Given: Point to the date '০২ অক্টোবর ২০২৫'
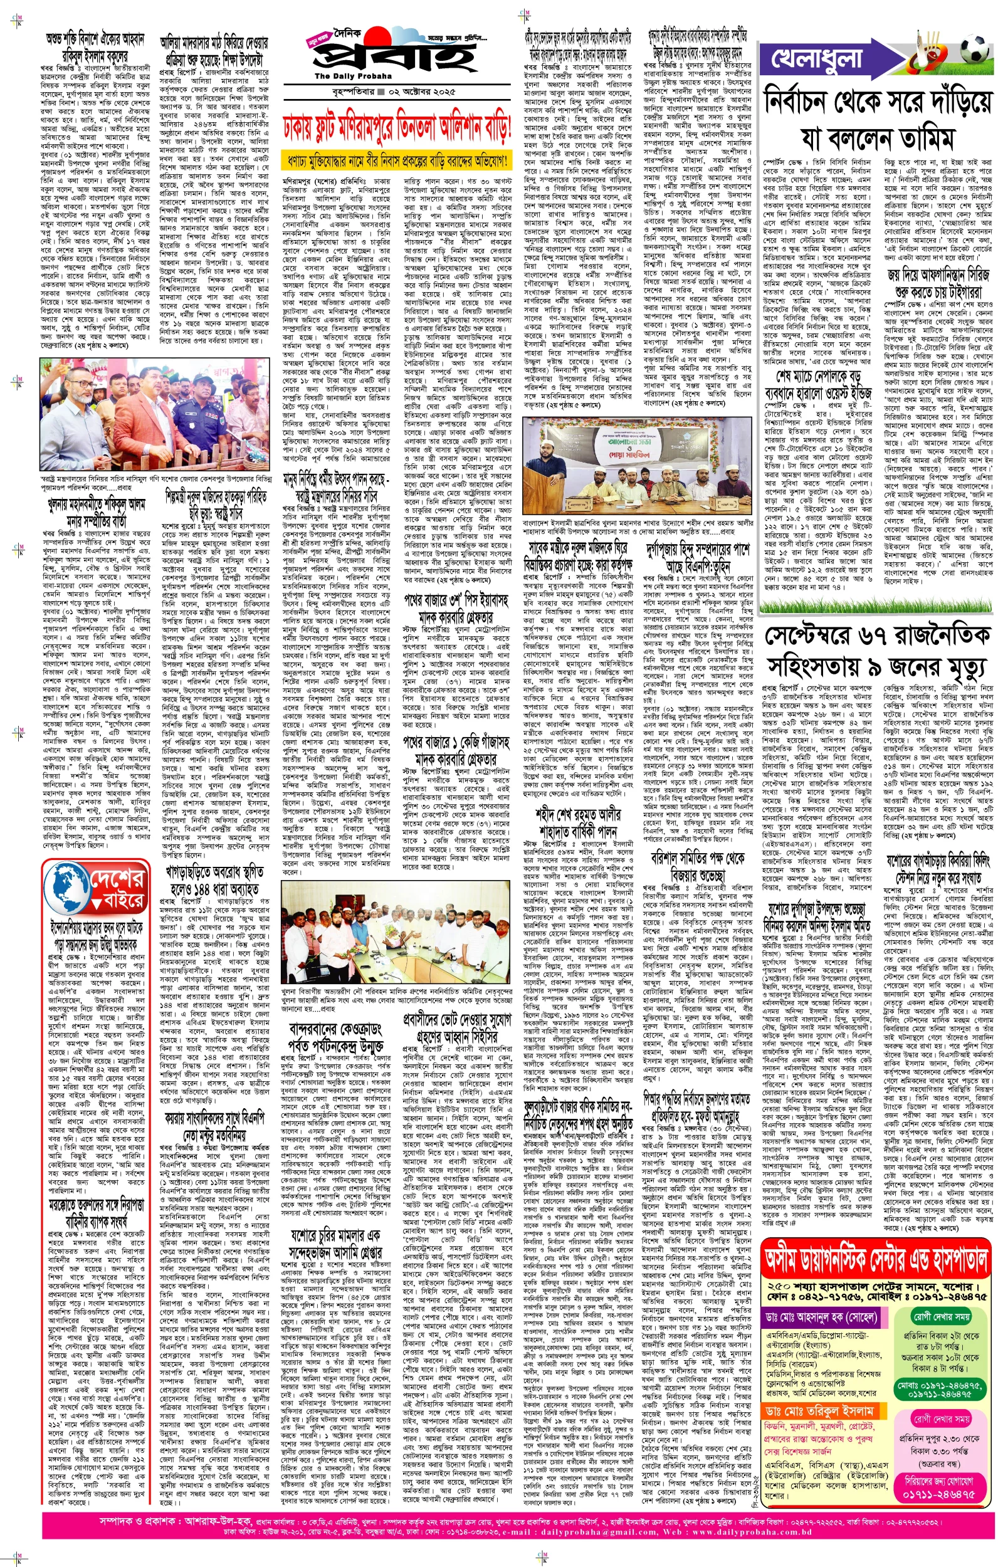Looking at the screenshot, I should click(x=421, y=92).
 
